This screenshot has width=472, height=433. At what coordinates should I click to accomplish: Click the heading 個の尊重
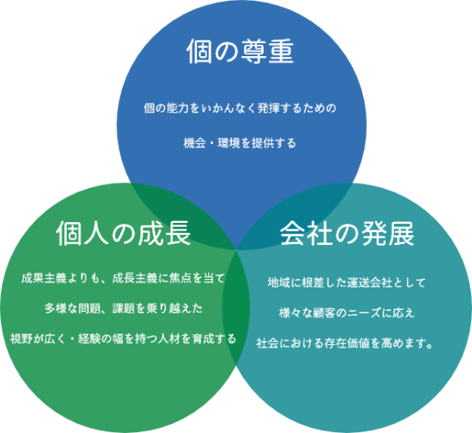(240, 51)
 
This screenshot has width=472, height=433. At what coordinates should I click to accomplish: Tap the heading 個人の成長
(124, 233)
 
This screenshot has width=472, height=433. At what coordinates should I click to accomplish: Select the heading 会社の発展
(347, 234)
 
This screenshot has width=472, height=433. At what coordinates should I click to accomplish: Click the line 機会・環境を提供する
(240, 142)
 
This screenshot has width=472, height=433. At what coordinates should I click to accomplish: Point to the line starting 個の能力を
(240, 107)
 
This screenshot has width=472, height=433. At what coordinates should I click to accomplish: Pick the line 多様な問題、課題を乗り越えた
(124, 308)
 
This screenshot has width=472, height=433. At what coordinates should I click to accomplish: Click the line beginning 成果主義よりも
(124, 278)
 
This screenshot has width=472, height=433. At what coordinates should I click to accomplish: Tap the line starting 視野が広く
(124, 339)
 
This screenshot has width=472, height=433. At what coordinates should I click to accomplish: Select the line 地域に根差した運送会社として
(347, 282)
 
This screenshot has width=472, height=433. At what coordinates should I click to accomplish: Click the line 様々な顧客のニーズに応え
(347, 313)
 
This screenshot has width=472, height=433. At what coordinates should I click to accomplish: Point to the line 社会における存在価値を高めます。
(345, 343)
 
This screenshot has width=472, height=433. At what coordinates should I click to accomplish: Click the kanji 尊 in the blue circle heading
(253, 51)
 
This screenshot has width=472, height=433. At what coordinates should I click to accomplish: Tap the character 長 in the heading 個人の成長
(178, 234)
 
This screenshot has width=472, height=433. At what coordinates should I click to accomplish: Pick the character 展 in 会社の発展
(401, 234)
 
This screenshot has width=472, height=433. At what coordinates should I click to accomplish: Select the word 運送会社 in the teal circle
(369, 282)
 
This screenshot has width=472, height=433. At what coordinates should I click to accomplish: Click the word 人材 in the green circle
(169, 339)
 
